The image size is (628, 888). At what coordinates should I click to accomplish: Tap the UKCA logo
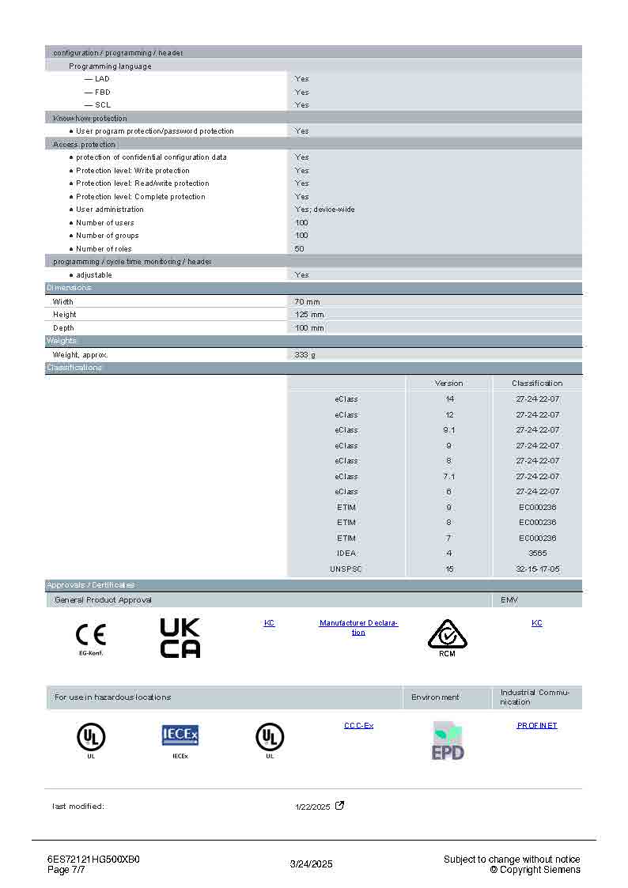click(180, 638)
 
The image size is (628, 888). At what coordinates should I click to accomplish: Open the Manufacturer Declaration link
click(358, 628)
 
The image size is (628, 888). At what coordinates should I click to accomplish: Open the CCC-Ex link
click(358, 725)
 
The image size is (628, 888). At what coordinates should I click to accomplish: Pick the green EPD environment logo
click(448, 741)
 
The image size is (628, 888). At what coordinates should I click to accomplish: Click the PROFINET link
click(537, 725)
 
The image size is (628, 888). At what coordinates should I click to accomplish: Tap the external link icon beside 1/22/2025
click(340, 806)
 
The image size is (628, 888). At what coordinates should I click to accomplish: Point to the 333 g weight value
click(305, 355)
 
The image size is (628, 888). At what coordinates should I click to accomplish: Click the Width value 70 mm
click(308, 302)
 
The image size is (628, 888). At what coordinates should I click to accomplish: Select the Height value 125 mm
click(309, 315)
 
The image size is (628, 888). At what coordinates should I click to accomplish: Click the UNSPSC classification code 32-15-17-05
click(537, 569)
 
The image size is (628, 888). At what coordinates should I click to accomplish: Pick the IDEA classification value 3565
click(537, 554)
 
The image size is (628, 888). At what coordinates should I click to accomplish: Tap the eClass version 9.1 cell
click(449, 430)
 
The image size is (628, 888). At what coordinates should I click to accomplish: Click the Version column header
click(449, 384)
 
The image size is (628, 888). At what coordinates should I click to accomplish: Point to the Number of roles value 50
click(300, 249)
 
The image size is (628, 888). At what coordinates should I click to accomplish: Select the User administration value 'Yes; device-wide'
click(325, 210)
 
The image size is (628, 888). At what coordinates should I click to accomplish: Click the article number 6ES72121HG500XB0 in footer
click(93, 860)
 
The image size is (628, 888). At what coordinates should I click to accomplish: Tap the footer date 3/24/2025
click(312, 864)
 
